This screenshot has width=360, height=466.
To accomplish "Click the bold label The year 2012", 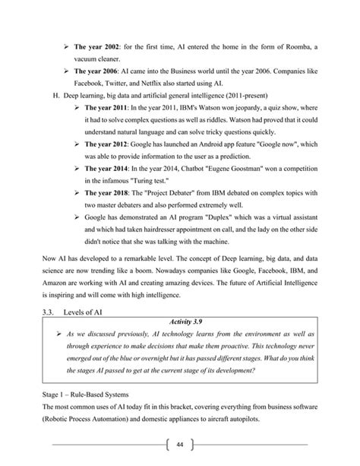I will click(106, 143).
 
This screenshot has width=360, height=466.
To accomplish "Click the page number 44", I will click(180, 445).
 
